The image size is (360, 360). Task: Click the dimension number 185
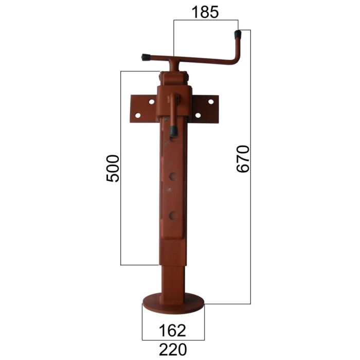click(x=205, y=12)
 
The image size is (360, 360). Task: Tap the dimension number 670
click(x=243, y=158)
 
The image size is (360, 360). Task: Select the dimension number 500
click(x=113, y=169)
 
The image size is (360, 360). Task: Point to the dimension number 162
click(x=172, y=331)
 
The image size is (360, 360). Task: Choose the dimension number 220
click(x=173, y=349)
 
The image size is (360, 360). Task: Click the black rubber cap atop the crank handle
click(x=238, y=34)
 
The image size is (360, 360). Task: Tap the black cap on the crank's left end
click(x=146, y=58)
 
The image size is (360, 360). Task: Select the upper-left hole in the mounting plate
click(x=152, y=102)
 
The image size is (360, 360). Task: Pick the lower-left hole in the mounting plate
click(x=138, y=115)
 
